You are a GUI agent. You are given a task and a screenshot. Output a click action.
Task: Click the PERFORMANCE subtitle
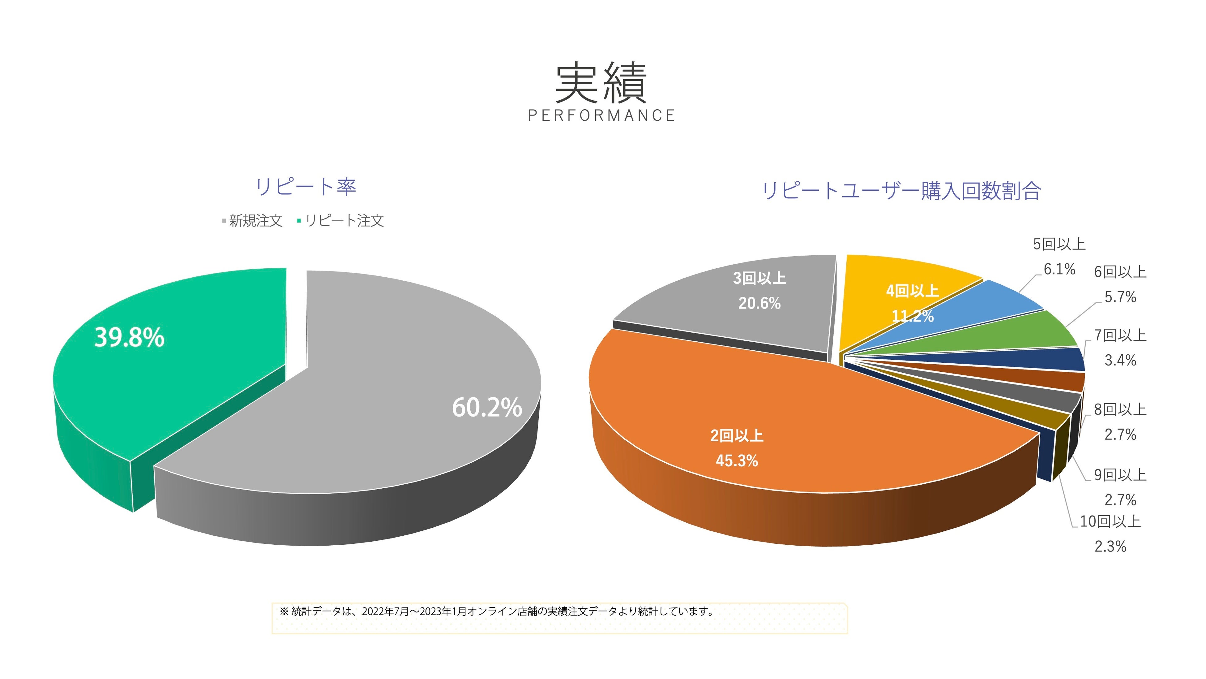[601, 115]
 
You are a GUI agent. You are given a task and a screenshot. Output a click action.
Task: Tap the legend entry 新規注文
[255, 221]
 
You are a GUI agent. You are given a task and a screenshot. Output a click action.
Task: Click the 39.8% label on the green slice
[130, 337]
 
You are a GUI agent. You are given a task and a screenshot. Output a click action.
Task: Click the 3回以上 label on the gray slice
[759, 278]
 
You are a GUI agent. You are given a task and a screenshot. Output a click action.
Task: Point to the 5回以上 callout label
[1059, 244]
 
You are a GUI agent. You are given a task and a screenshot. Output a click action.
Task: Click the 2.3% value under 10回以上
[1110, 546]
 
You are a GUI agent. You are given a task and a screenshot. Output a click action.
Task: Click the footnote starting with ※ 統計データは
[496, 612]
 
